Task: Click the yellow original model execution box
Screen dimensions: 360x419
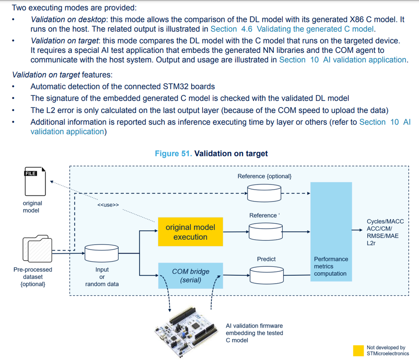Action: coord(190,232)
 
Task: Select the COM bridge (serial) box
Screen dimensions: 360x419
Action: coord(190,276)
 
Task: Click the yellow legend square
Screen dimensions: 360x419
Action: coord(359,350)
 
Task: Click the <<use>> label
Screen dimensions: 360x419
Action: coord(108,205)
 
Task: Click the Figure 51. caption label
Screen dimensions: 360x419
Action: coord(173,154)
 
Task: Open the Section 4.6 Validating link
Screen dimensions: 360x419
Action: coord(293,29)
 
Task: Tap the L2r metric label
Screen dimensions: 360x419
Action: coord(372,243)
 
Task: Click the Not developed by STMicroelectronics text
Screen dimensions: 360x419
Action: coord(388,350)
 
